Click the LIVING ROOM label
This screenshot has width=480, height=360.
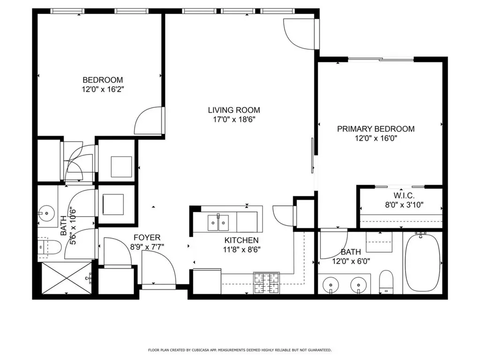pyautogui.click(x=234, y=110)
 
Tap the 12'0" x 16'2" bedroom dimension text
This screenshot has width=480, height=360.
pyautogui.click(x=103, y=89)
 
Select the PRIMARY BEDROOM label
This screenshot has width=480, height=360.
pyautogui.click(x=376, y=129)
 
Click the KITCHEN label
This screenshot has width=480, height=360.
pyautogui.click(x=241, y=240)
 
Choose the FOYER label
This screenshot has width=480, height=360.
pyautogui.click(x=147, y=237)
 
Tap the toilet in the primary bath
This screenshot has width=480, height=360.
pyautogui.click(x=386, y=281)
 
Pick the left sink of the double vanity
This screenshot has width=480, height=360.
pyautogui.click(x=332, y=284)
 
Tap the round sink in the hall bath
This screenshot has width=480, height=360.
pyautogui.click(x=47, y=214)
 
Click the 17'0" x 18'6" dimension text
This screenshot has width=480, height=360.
pyautogui.click(x=234, y=120)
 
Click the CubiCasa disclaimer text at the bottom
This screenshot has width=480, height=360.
pyautogui.click(x=240, y=350)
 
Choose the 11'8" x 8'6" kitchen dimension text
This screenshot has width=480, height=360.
pyautogui.click(x=241, y=249)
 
